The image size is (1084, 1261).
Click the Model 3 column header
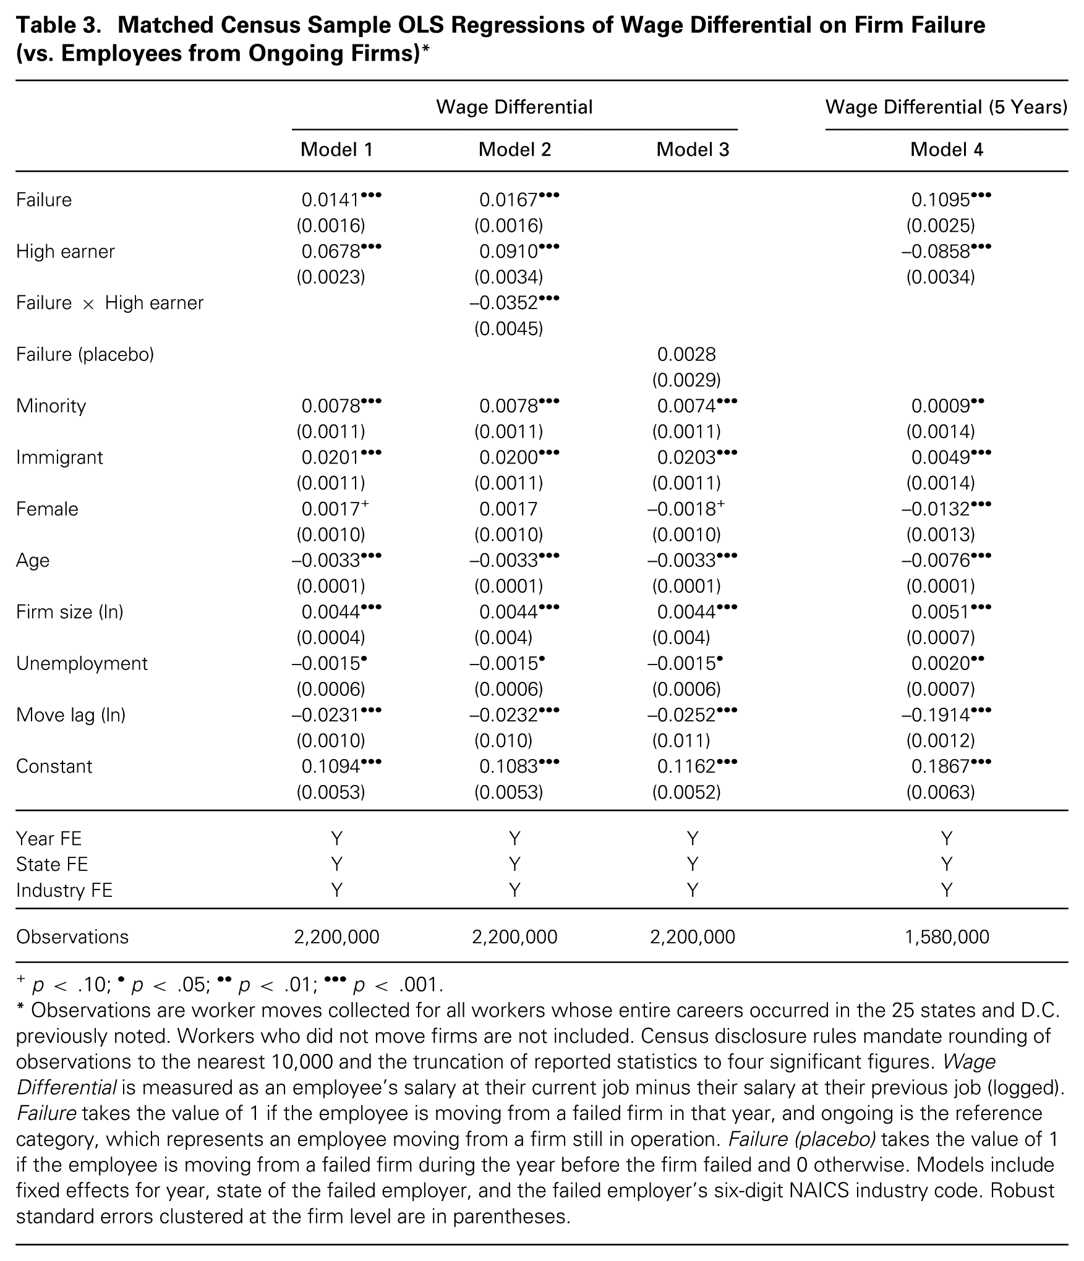692,150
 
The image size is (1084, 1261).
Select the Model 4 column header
946,150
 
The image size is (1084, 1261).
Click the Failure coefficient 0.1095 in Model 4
941,200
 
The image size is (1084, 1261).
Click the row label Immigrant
59,457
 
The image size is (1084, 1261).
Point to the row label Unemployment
82,663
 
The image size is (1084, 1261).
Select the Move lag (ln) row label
70,715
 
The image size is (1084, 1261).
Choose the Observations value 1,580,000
946,937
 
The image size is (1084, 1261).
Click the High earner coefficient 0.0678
331,252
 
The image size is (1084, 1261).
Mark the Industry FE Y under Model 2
514,890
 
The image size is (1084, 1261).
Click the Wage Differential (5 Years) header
946,107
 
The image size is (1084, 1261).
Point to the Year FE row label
49,839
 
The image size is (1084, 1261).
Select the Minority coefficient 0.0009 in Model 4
941,406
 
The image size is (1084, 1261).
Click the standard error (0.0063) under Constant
941,792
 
